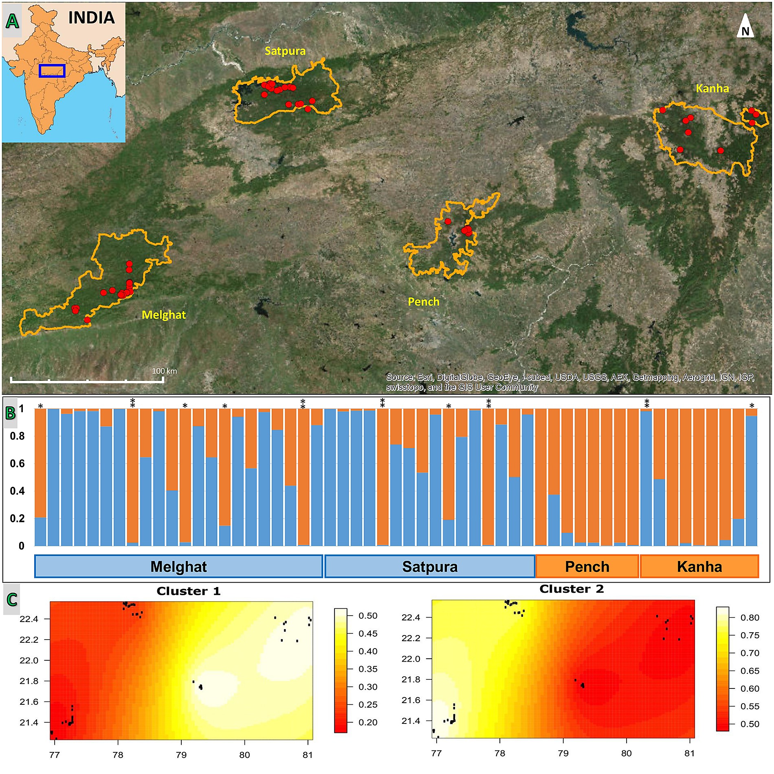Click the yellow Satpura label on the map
(285, 51)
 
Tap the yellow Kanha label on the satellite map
(712, 88)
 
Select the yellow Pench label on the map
(424, 302)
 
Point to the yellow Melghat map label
(164, 315)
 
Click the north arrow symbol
(745, 26)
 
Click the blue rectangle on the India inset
(52, 70)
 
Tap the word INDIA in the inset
(92, 18)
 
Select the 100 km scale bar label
(165, 371)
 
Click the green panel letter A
(12, 21)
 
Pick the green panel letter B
(10, 413)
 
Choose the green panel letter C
(12, 599)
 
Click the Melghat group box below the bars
(179, 566)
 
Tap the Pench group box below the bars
(587, 566)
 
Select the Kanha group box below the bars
(699, 566)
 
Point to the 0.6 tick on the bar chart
(17, 464)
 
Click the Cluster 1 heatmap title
(189, 591)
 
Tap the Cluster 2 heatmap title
(572, 589)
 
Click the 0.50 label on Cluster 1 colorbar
(368, 616)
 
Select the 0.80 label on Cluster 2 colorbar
(750, 618)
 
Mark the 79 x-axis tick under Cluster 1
(181, 755)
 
